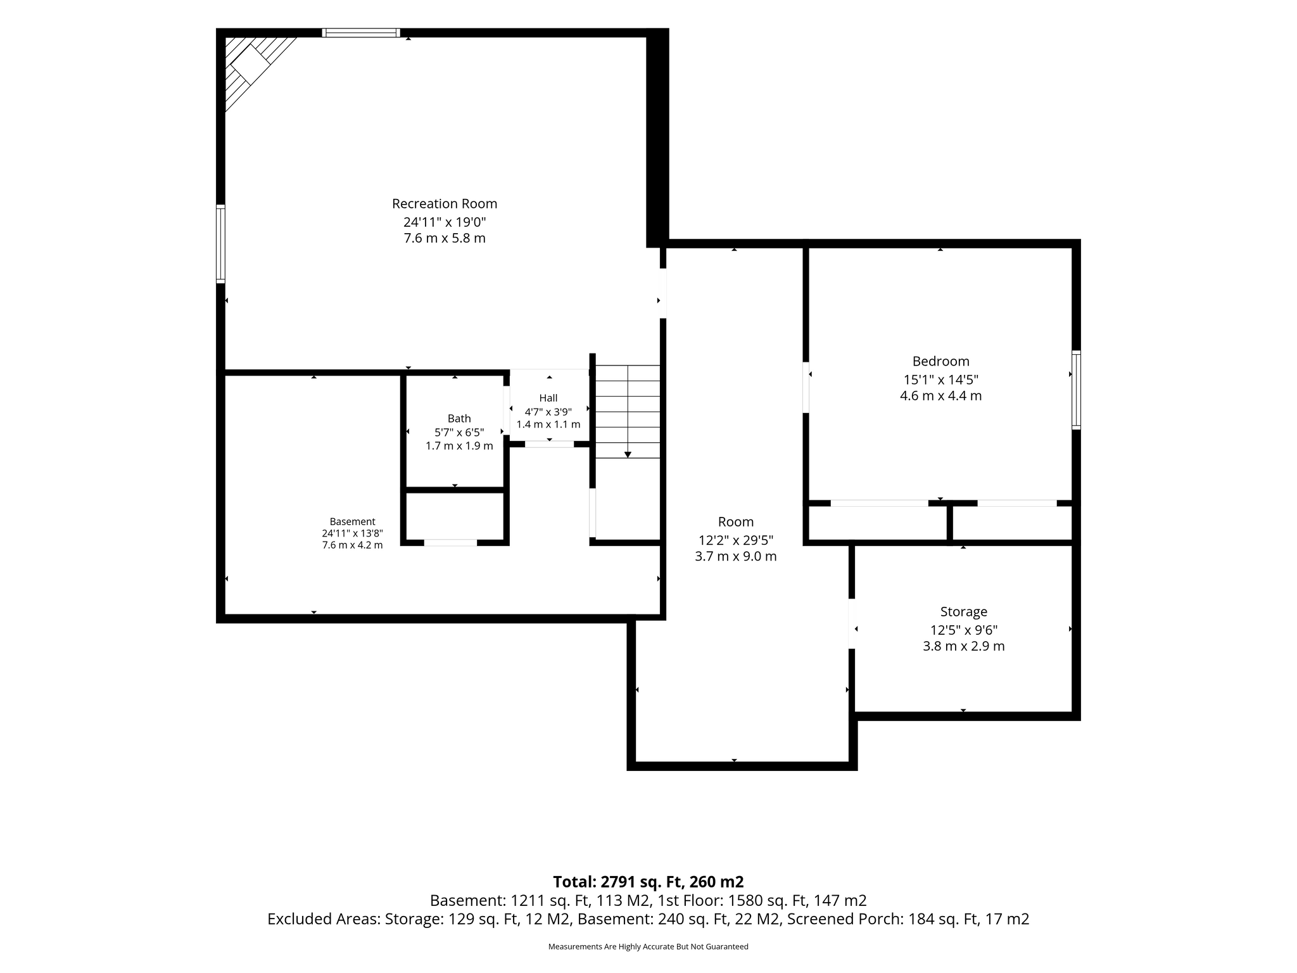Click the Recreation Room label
point(445,204)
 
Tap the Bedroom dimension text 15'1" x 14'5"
point(940,380)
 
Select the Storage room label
point(963,612)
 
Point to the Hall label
point(548,398)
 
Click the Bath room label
point(459,419)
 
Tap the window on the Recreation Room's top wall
point(361,33)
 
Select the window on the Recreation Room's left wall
point(220,244)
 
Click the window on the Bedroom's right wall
point(1076,390)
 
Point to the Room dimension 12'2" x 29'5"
point(735,540)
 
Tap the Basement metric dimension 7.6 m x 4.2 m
point(352,545)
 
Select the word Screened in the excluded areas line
point(816,919)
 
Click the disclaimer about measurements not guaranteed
point(648,947)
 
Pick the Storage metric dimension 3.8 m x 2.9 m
point(963,646)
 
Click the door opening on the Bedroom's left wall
point(806,387)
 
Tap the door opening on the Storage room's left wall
point(852,624)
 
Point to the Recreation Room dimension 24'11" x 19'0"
point(445,222)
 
